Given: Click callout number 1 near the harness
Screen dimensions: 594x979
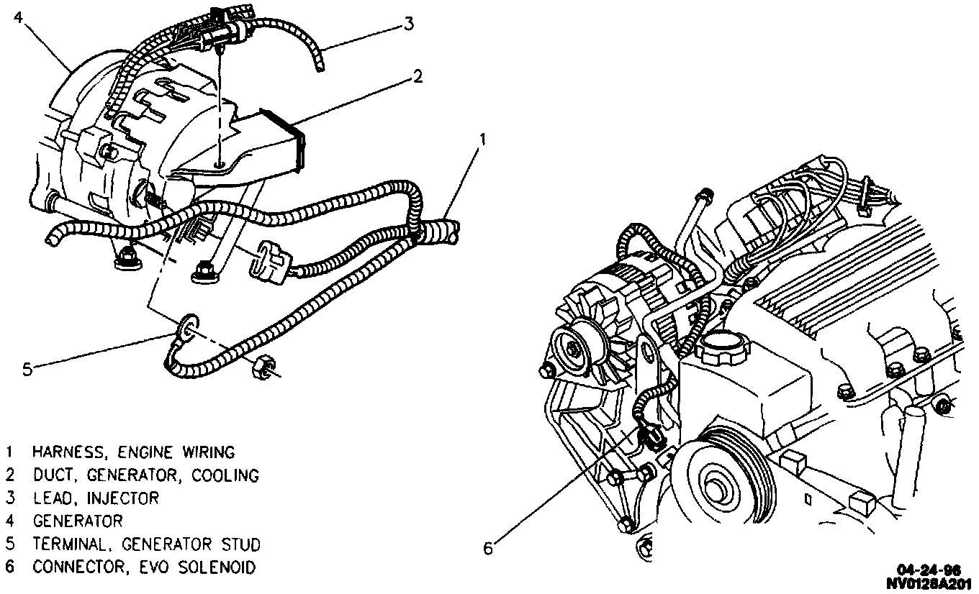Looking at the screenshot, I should pyautogui.click(x=483, y=138).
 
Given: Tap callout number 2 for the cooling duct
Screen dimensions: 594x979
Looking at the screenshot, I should pyautogui.click(x=417, y=76).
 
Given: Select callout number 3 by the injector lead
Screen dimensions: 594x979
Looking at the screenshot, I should pyautogui.click(x=408, y=24).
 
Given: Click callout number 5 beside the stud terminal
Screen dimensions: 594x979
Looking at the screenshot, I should pyautogui.click(x=27, y=370).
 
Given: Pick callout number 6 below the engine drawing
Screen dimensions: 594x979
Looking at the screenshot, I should pyautogui.click(x=488, y=549).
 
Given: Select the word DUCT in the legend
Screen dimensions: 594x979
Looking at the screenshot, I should pyautogui.click(x=50, y=475).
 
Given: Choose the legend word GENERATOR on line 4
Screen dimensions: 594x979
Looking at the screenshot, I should pyautogui.click(x=78, y=521).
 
